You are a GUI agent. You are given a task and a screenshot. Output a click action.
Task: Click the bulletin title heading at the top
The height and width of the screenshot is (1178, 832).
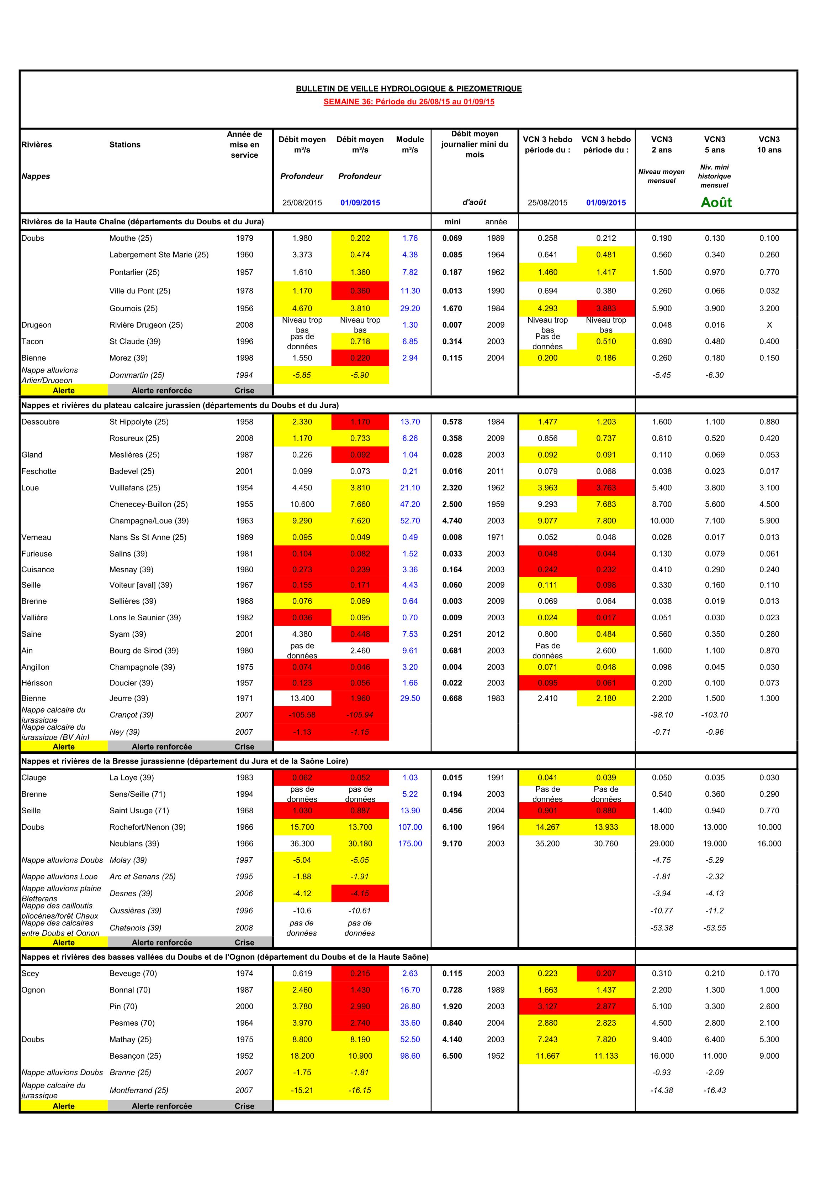tap(409, 89)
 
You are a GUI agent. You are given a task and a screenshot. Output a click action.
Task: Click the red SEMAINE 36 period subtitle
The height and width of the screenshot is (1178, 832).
tap(409, 101)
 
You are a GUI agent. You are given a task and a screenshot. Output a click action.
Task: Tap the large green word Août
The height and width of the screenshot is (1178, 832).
tap(716, 202)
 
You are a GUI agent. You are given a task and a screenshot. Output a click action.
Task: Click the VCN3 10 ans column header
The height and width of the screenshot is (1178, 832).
tap(769, 144)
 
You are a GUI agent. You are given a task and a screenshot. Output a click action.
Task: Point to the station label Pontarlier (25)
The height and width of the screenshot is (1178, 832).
tap(134, 272)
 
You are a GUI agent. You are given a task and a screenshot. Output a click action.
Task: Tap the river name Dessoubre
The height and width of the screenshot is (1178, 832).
tap(41, 422)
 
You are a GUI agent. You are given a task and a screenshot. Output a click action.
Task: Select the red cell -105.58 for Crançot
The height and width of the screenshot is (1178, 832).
tap(302, 715)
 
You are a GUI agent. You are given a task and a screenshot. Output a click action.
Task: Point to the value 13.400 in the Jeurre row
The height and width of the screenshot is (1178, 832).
tap(302, 698)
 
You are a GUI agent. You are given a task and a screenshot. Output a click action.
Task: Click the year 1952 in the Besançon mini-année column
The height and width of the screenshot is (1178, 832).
tap(496, 1056)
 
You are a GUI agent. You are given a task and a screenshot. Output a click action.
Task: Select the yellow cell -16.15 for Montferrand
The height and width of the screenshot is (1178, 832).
tap(360, 1090)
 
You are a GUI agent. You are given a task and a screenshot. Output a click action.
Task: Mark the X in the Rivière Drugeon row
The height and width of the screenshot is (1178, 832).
tap(769, 325)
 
